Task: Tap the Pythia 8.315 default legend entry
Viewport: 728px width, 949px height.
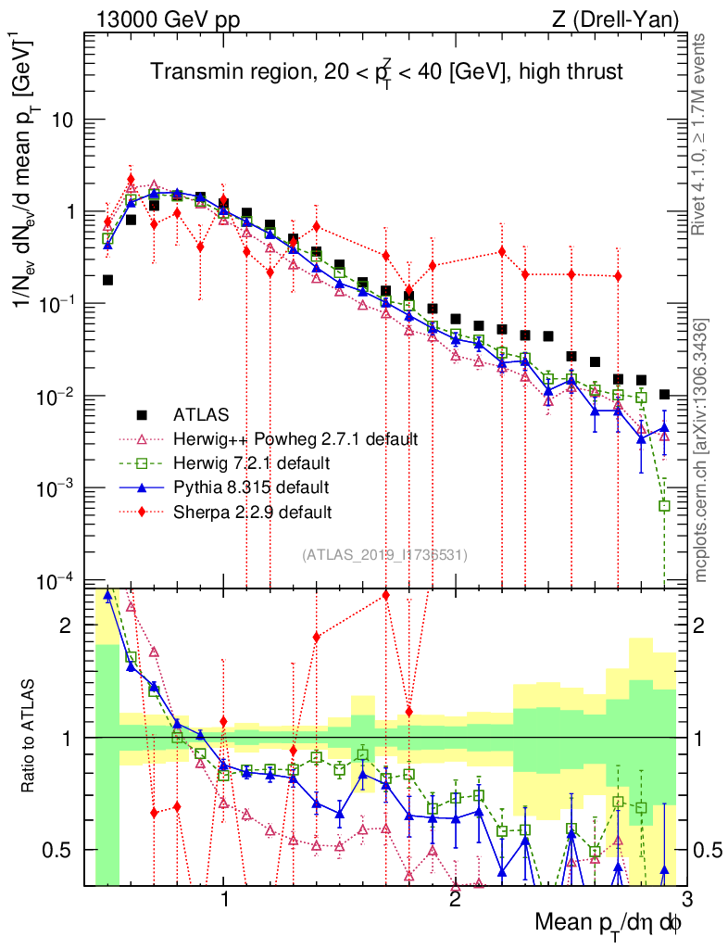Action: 251,487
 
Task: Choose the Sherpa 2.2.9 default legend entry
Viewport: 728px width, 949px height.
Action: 253,511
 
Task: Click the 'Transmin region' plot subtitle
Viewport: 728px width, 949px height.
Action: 388,71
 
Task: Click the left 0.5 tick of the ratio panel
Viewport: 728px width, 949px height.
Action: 62,849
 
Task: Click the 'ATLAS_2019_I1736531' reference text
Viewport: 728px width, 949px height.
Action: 384,555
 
